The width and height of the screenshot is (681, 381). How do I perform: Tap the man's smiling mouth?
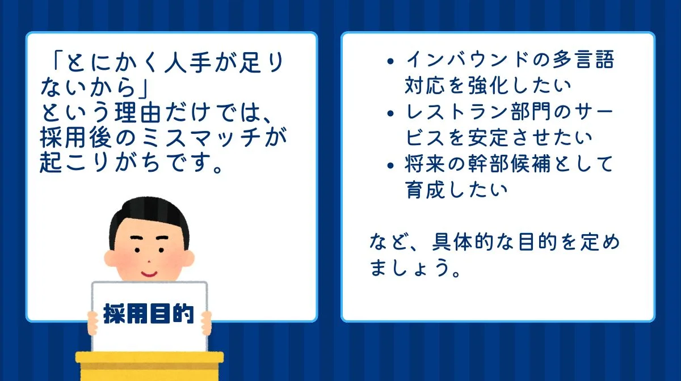coord(149,273)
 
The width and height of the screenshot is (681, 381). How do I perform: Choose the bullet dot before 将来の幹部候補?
coord(389,166)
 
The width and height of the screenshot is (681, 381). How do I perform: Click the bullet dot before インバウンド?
coord(389,61)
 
